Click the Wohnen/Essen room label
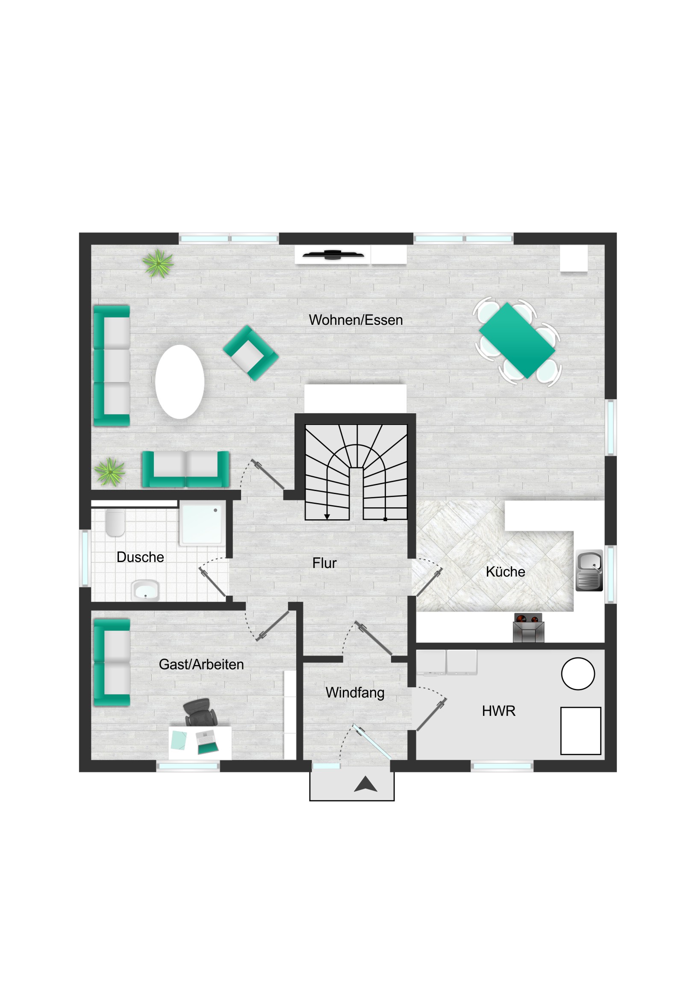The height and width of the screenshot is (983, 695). (356, 320)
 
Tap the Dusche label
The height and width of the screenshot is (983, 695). (140, 557)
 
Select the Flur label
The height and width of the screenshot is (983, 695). (324, 563)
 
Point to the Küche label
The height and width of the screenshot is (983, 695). (505, 571)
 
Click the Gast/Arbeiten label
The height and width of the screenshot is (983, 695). (201, 664)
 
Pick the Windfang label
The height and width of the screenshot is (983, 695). (355, 693)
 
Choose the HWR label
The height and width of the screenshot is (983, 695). (498, 711)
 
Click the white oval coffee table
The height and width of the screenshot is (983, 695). (180, 382)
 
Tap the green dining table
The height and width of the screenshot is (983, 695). (517, 340)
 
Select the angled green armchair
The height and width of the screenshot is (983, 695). (251, 353)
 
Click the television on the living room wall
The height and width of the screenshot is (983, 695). (333, 255)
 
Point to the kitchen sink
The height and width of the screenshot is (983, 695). (589, 571)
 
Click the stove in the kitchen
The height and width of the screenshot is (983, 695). (528, 628)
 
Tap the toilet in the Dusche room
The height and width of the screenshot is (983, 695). (115, 522)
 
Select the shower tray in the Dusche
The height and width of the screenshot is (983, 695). (202, 524)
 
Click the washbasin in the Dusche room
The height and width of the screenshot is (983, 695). (146, 591)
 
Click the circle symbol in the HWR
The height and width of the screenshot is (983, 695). (578, 674)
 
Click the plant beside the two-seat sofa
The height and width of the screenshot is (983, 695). (110, 472)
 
